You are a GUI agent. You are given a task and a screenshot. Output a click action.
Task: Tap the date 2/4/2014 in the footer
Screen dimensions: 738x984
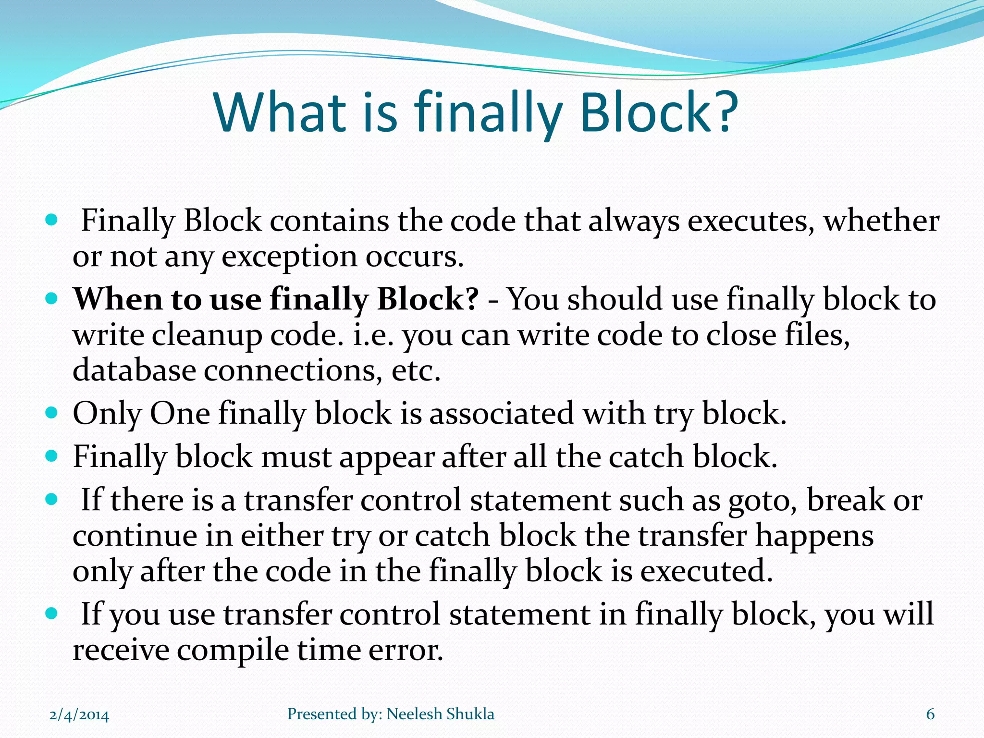(79, 715)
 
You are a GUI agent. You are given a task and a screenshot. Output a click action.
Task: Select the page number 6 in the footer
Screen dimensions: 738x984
(930, 714)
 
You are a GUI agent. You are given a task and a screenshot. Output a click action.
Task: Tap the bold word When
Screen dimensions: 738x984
(118, 299)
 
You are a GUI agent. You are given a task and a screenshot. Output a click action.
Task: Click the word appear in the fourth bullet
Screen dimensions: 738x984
(387, 456)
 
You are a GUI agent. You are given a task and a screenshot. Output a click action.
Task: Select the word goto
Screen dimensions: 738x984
(763, 501)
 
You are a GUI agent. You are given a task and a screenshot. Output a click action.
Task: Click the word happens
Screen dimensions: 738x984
(814, 536)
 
